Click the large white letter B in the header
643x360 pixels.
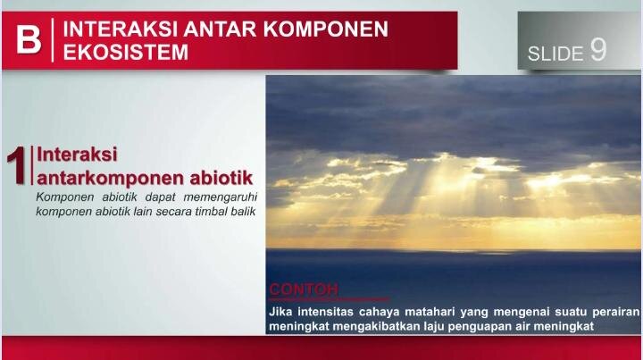coord(29,40)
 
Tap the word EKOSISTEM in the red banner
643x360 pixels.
coord(126,52)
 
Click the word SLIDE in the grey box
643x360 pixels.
coord(555,54)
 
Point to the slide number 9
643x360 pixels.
coord(598,50)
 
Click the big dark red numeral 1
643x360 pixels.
coord(17,166)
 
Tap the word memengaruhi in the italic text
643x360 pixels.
coord(221,197)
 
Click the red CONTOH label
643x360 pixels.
coord(304,289)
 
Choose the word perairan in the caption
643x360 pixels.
coord(615,313)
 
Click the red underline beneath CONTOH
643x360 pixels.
coord(330,299)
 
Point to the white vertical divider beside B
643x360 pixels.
coord(53,40)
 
